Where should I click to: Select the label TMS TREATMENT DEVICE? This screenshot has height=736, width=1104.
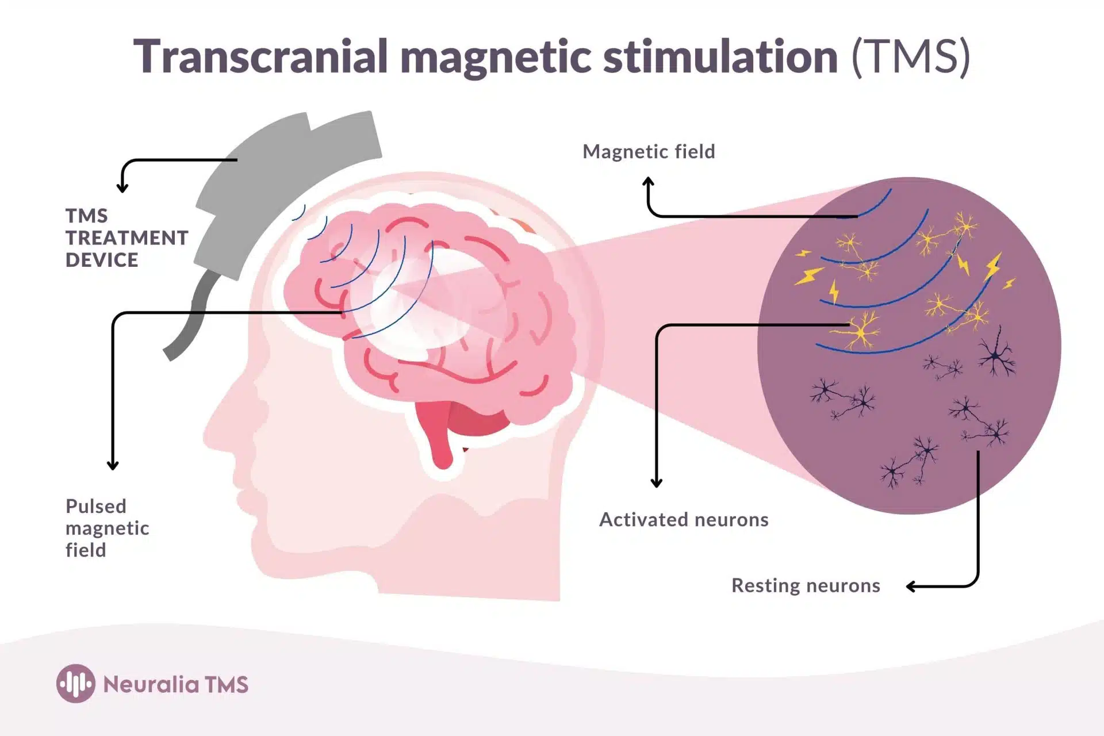click(x=126, y=237)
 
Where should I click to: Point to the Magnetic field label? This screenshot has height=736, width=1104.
click(x=649, y=151)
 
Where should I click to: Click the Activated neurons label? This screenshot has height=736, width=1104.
click(x=684, y=519)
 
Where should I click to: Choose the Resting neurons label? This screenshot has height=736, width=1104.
click(x=806, y=585)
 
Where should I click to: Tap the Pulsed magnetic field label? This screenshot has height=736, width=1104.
click(x=107, y=528)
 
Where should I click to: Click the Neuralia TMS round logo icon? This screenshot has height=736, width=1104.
click(x=75, y=684)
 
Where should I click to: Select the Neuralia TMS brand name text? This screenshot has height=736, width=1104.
click(x=175, y=684)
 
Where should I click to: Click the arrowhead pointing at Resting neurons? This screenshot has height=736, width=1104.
click(x=911, y=586)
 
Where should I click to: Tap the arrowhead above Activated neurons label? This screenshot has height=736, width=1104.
click(x=656, y=482)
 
